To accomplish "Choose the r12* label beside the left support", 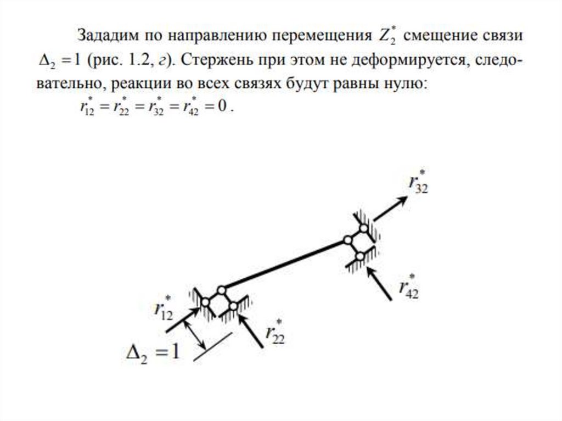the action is coord(164,309).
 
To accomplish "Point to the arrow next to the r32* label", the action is coord(390,209).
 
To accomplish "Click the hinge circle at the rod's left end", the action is coord(221,290).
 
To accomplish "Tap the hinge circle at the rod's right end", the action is coord(347,240).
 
